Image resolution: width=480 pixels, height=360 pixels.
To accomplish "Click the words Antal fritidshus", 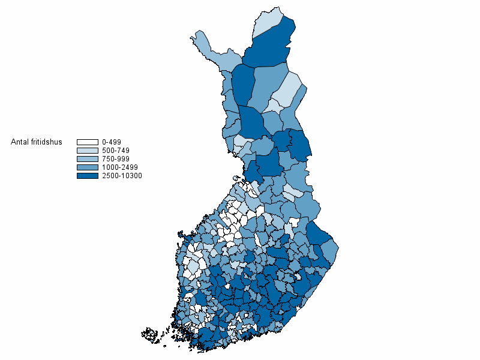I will [x=37, y=142].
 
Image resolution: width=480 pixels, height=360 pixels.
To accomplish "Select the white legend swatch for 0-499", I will [x=87, y=142].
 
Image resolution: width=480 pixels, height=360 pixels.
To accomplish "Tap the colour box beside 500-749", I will [x=87, y=151].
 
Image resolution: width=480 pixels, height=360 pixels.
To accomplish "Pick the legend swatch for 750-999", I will [x=87, y=159].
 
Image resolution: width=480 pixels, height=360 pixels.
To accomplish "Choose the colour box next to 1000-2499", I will [x=87, y=167].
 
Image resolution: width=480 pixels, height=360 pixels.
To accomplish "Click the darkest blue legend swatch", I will [x=87, y=176].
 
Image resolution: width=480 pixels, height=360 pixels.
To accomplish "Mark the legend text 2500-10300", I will [x=122, y=176].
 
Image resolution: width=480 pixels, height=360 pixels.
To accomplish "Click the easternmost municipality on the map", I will [x=333, y=249].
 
